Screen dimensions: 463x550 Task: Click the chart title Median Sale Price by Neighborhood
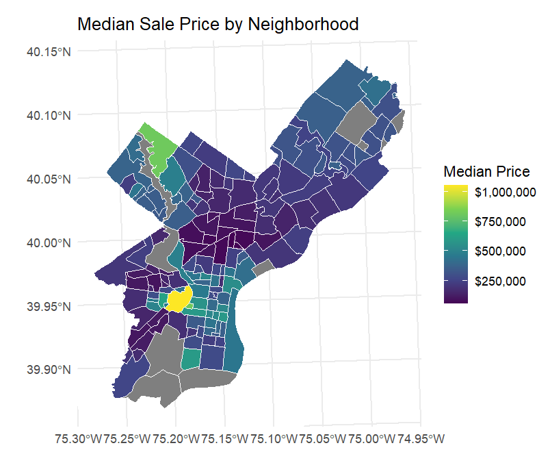click(218, 24)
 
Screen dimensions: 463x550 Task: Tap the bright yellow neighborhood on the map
click(179, 300)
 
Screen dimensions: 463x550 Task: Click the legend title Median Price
click(486, 171)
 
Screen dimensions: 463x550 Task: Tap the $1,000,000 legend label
click(505, 192)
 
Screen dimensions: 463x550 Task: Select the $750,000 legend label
click(500, 222)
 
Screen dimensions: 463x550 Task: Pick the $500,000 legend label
click(500, 251)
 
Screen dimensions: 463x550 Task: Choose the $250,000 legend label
click(500, 281)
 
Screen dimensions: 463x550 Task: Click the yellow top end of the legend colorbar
click(456, 188)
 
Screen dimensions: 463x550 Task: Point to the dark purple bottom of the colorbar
click(456, 299)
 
